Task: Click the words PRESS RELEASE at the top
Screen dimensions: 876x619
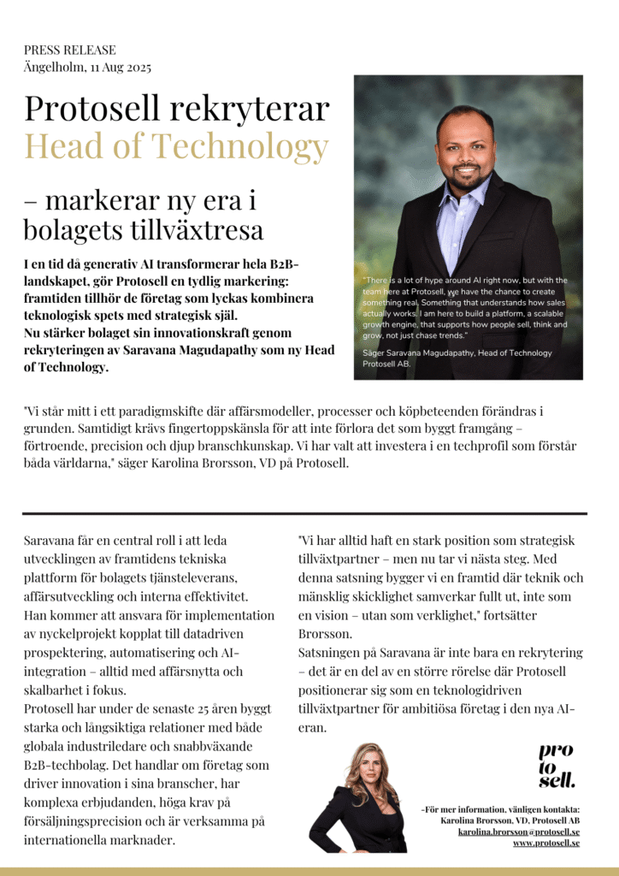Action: coord(69,50)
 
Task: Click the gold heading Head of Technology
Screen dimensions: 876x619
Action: coord(176,146)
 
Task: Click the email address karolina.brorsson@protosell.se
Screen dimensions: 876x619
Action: coord(518,831)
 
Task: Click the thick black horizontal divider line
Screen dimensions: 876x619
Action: coord(304,513)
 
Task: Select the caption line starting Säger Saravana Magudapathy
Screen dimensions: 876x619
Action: coord(457,353)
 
